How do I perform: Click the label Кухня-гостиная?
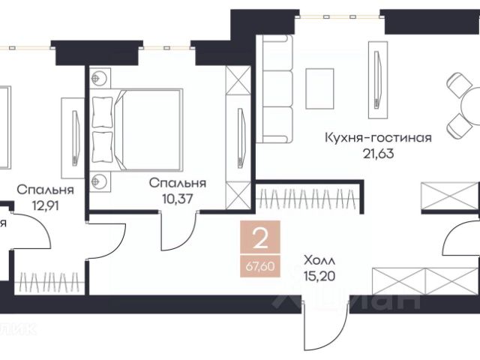click(x=367, y=137)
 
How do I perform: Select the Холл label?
click(x=320, y=260)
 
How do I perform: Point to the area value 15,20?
click(x=319, y=275)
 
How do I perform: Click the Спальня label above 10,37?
click(x=178, y=182)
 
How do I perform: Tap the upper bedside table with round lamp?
click(x=100, y=78)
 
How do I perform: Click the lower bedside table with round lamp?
click(x=100, y=181)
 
